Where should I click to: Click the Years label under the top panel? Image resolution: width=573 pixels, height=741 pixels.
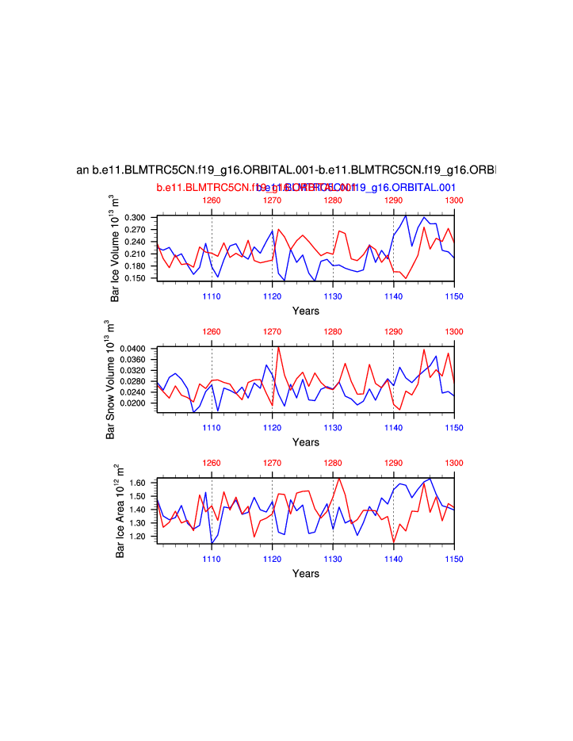point(305,311)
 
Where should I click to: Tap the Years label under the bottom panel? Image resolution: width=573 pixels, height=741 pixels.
point(305,573)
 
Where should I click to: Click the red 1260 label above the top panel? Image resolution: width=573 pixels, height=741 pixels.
point(212,201)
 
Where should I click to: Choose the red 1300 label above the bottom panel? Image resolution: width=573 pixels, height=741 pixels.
point(453,463)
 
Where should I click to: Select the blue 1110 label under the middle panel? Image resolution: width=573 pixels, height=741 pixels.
point(211,428)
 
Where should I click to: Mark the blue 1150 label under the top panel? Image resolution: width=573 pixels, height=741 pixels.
point(453,296)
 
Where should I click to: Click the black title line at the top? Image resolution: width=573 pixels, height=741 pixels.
point(286,170)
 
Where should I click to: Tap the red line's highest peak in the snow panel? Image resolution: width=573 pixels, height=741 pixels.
point(278,347)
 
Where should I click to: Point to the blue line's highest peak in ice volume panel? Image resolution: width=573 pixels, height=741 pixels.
point(406,215)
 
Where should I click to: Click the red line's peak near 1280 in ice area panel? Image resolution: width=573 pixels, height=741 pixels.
point(339,479)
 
